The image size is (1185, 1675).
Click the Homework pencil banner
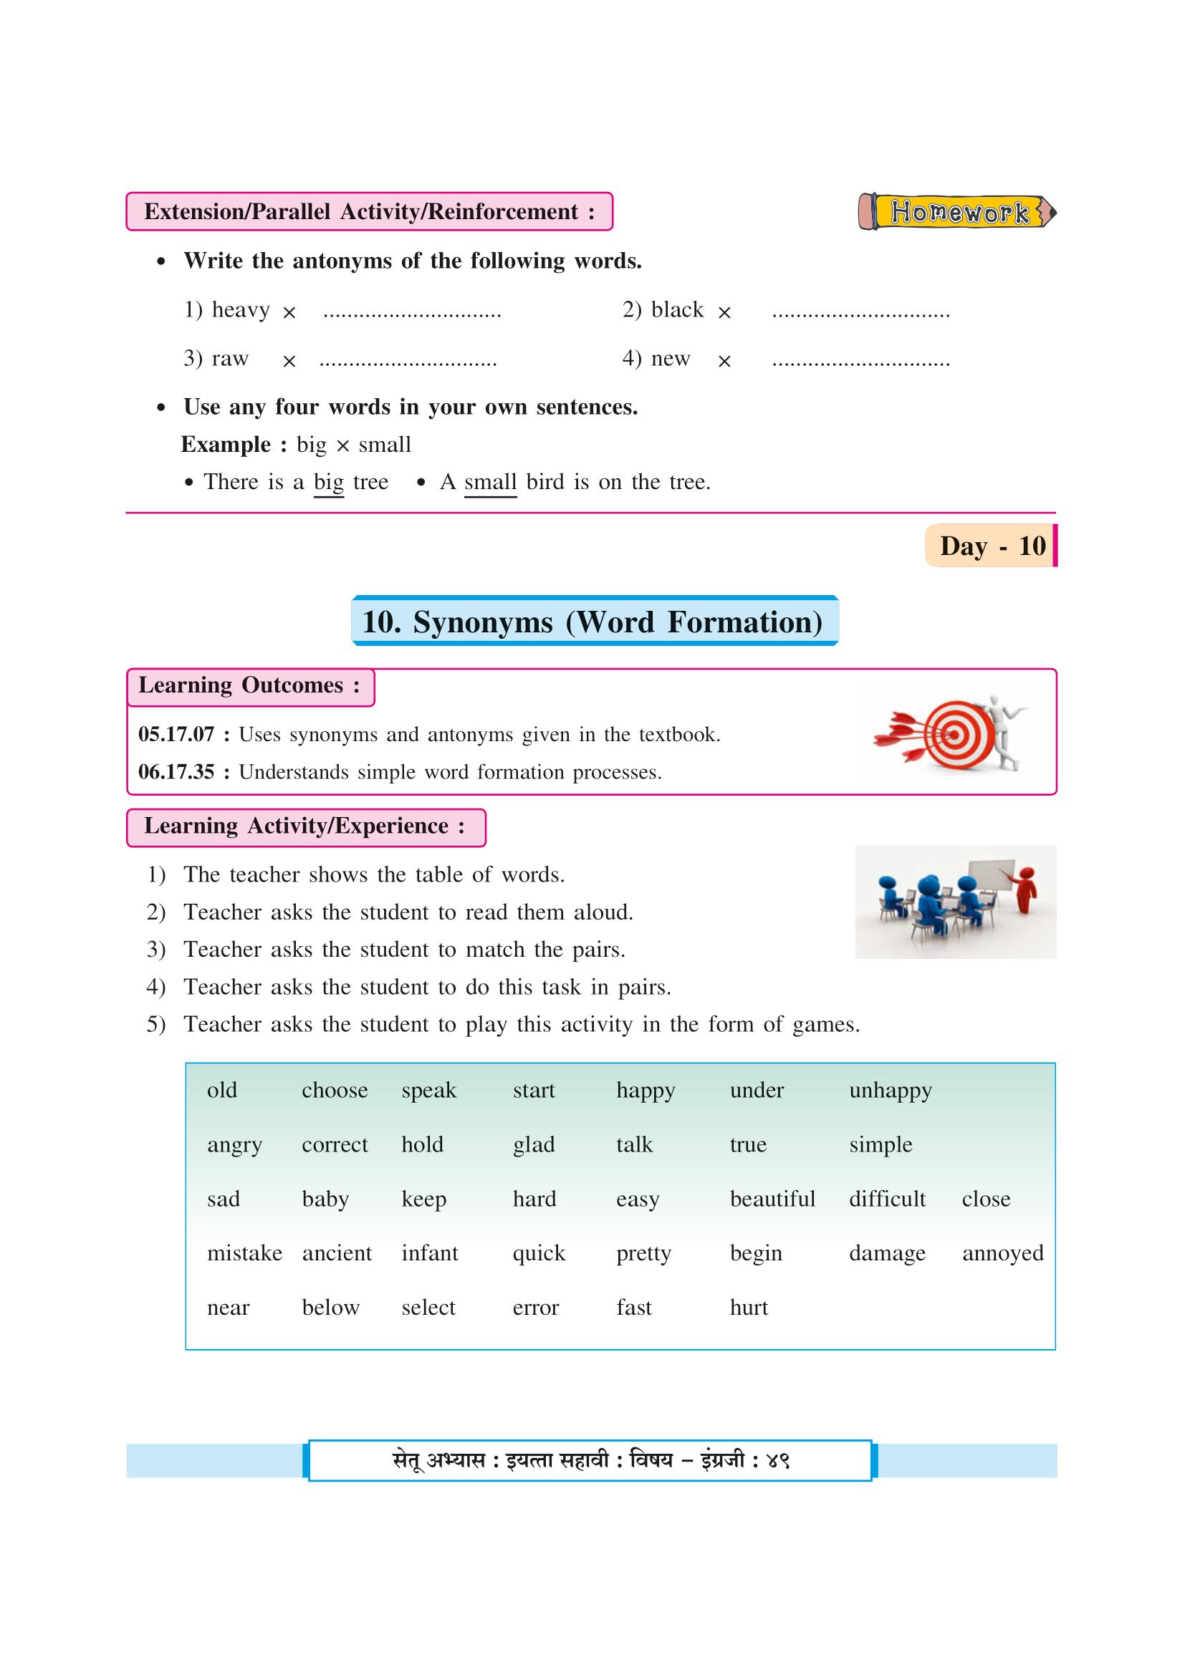coord(957,212)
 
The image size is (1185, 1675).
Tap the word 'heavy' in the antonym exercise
coord(240,310)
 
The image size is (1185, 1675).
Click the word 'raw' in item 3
coord(230,359)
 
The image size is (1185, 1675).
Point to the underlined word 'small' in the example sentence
coord(489,482)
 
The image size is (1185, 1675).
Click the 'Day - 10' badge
coord(991,546)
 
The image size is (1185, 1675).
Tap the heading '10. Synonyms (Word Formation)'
coord(594,622)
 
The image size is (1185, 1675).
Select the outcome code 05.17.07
coord(176,735)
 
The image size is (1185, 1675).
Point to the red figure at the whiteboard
coord(1027,889)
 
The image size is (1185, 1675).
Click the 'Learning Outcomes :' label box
coord(250,687)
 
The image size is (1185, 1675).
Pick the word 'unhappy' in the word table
coord(890,1091)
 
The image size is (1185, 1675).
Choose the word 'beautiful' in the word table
coord(772,1199)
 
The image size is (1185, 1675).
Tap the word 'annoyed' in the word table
coord(1002,1253)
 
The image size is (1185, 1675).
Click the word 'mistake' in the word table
coord(244,1253)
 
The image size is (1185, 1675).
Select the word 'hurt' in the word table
coord(749,1308)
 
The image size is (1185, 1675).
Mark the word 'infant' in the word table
coord(429,1253)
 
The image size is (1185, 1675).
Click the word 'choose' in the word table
coord(334,1091)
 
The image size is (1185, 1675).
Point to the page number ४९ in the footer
coord(778,1460)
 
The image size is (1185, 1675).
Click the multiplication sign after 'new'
coord(724,361)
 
